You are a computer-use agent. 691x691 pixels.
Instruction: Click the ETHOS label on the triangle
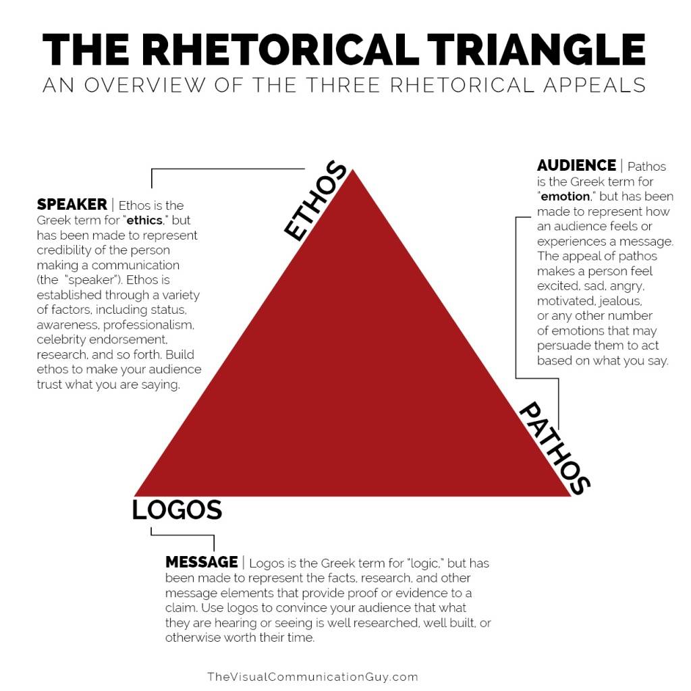click(x=315, y=201)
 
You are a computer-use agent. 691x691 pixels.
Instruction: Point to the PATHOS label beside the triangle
click(x=555, y=448)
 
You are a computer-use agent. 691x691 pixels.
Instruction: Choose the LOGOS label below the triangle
click(x=177, y=510)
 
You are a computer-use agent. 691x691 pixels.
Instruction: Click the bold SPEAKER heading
click(x=72, y=204)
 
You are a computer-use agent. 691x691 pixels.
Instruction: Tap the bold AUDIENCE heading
click(x=576, y=165)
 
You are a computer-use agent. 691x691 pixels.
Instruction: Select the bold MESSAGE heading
click(x=201, y=562)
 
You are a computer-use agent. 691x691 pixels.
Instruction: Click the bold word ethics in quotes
click(x=144, y=221)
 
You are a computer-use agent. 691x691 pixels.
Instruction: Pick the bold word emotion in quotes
click(x=565, y=196)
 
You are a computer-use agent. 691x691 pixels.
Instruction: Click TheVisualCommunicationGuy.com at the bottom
click(x=312, y=677)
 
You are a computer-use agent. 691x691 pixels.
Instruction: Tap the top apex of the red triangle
click(x=352, y=170)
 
